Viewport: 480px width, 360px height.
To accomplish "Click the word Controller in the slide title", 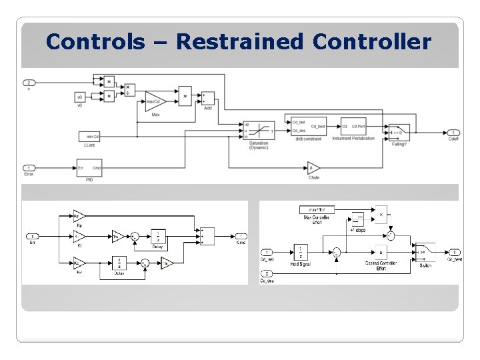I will tap(371, 42).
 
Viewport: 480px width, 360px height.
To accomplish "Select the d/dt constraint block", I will tap(307, 127).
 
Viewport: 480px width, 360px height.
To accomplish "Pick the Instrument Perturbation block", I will tap(353, 127).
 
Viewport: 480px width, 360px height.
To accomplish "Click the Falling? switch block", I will tap(399, 129).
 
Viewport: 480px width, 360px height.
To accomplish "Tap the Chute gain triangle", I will tap(313, 167).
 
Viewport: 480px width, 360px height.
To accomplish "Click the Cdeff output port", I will tap(453, 132).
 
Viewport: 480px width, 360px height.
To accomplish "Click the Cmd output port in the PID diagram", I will tap(241, 236).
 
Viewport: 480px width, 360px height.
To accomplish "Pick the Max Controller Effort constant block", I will tap(313, 211).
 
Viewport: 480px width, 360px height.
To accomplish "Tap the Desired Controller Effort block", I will tap(381, 253).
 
